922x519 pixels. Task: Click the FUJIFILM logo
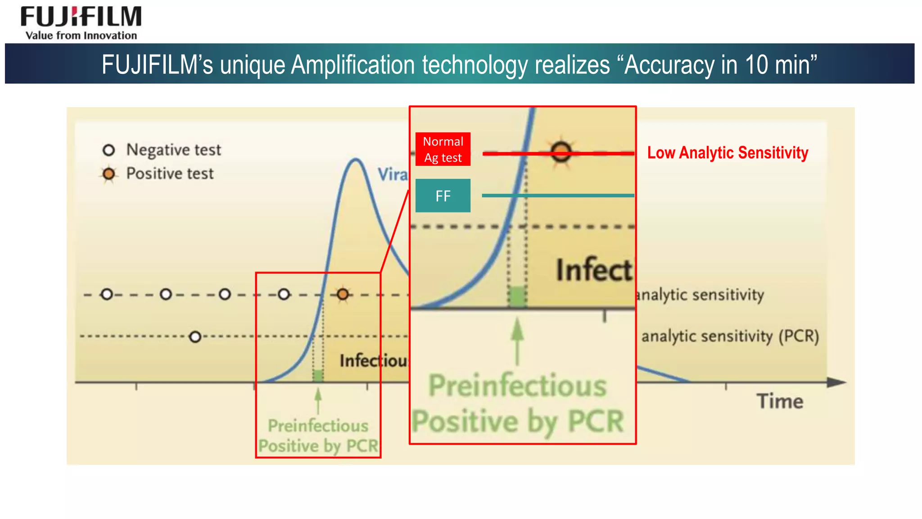[81, 17]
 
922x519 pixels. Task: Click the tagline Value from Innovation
[81, 36]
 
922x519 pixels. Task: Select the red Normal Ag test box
[443, 149]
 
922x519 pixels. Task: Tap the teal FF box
[443, 196]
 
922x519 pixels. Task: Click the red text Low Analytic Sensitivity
[727, 153]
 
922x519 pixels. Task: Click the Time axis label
[780, 401]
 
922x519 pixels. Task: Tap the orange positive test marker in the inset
[561, 152]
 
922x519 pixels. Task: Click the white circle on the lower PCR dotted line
[195, 337]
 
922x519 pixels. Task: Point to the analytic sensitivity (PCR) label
[730, 336]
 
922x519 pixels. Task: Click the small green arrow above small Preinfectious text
[318, 400]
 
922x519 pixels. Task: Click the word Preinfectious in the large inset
[517, 386]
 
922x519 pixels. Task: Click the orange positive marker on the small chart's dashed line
[343, 294]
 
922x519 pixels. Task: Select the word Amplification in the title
[353, 64]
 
